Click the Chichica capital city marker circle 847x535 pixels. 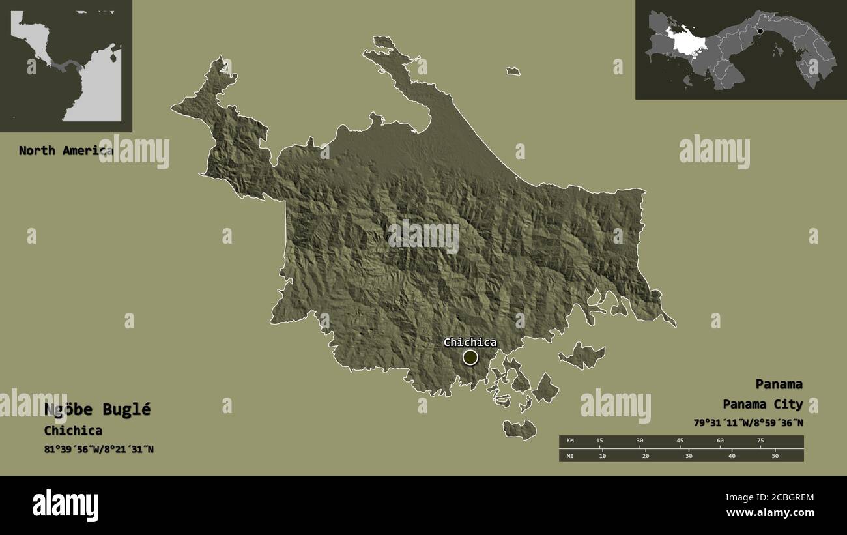470,357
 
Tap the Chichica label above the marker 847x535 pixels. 470,342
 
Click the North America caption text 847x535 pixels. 65,151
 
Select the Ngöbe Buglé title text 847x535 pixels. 97,409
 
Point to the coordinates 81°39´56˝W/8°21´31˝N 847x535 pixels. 99,449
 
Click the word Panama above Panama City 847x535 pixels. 779,384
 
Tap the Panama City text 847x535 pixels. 762,405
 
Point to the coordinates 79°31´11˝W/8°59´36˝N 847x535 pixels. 748,423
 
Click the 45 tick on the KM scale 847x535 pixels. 680,441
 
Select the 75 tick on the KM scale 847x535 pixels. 760,441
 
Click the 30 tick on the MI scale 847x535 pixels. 689,456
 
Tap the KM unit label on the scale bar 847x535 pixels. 570,441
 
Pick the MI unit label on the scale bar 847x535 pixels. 570,456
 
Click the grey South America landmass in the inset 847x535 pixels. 94,91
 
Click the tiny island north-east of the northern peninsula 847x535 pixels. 513,71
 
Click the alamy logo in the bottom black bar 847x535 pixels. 65,506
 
